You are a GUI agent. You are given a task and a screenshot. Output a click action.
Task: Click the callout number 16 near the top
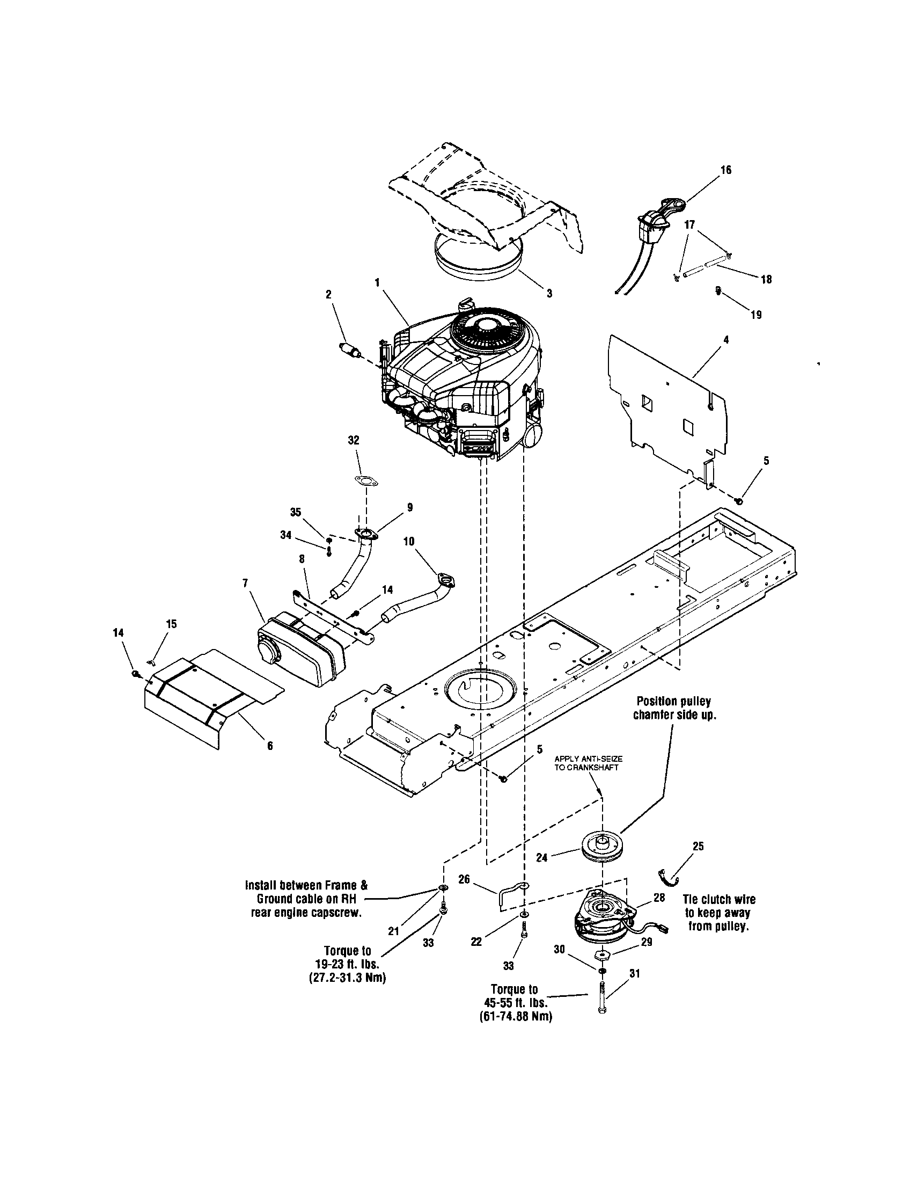[726, 170]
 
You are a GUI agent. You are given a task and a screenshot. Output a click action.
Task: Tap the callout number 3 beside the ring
[549, 294]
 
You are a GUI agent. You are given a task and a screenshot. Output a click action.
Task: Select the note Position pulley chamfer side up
[673, 708]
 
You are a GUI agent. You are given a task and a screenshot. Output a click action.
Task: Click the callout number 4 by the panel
[726, 340]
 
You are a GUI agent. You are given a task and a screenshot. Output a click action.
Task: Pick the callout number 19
[756, 315]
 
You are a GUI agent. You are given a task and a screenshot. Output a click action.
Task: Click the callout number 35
[296, 513]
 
